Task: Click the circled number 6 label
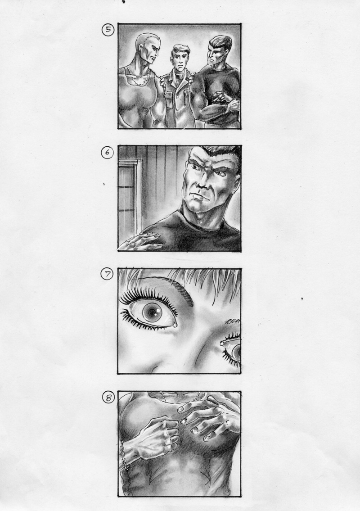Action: (107, 152)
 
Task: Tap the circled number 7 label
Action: (107, 274)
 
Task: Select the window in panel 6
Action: (129, 192)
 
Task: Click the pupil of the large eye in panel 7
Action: (152, 313)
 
